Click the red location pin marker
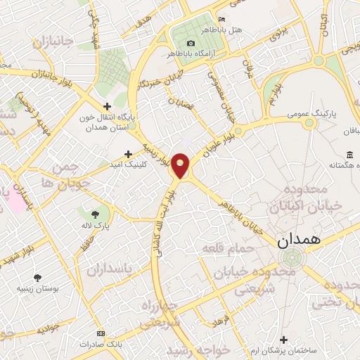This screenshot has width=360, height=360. (x=181, y=165)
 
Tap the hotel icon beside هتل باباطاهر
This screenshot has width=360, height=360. (x=222, y=19)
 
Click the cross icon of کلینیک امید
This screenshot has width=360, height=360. (x=127, y=153)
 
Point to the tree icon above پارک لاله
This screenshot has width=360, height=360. (x=96, y=213)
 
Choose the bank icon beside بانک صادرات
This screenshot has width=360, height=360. (x=101, y=332)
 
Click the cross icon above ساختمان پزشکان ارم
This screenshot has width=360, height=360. (x=285, y=340)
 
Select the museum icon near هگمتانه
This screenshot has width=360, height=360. (x=349, y=155)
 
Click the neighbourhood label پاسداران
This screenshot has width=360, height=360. (x=109, y=270)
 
